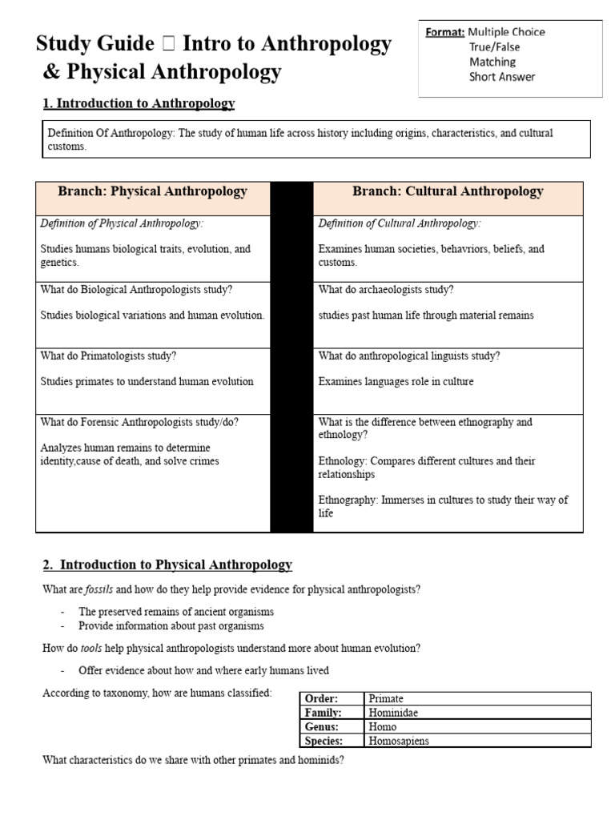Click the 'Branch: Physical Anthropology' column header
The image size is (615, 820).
coord(152,191)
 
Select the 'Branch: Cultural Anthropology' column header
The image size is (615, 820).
coord(448,191)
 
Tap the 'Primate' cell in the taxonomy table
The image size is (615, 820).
coord(386,699)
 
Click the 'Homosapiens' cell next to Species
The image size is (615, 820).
coord(399,741)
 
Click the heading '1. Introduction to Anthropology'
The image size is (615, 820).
coord(139,103)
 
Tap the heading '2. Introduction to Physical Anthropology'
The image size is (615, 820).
coord(167,565)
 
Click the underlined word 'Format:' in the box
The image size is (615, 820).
coord(444,32)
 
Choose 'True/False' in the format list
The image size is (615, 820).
coord(492,47)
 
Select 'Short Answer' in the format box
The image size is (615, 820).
coord(502,77)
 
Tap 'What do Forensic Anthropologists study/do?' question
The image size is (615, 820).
coord(139,422)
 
